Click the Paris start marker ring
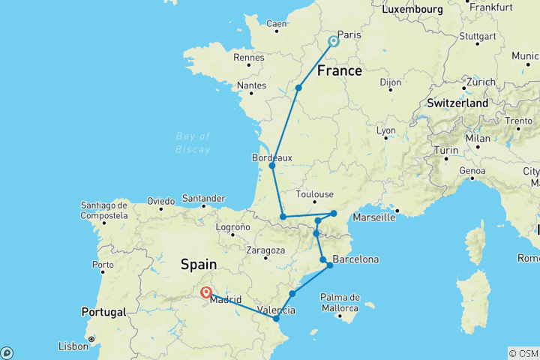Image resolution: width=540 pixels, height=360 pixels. [333, 42]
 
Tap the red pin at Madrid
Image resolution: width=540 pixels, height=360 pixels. [205, 292]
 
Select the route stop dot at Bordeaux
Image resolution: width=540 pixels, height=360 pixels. [272, 166]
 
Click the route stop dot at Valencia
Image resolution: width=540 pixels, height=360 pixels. [276, 319]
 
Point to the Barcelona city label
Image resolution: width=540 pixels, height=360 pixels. [355, 259]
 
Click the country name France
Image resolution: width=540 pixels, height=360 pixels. [340, 71]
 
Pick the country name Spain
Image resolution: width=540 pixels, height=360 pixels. [199, 264]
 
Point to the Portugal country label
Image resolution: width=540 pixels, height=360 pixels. [103, 312]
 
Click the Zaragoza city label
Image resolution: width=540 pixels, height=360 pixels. [266, 250]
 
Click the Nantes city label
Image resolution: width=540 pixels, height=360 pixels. [251, 86]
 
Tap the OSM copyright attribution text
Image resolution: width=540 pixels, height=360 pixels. [523, 353]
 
